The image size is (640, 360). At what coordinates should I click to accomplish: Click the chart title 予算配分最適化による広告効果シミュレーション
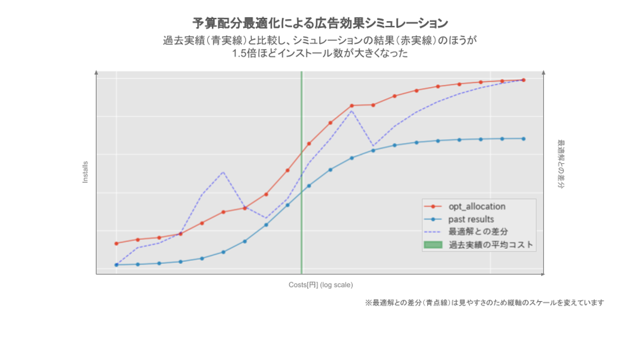(320, 23)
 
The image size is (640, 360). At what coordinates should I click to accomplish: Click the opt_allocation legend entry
(476, 207)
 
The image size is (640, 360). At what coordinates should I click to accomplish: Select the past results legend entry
(471, 219)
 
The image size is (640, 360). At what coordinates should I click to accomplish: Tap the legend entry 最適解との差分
(478, 232)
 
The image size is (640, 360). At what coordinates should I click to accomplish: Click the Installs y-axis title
(85, 172)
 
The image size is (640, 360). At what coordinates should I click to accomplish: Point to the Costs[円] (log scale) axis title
(320, 285)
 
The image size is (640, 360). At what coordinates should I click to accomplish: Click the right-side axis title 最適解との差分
(560, 164)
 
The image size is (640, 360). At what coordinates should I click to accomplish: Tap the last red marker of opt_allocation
(524, 80)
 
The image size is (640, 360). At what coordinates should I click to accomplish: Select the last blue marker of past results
(524, 139)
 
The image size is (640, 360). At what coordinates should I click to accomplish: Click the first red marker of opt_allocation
(116, 244)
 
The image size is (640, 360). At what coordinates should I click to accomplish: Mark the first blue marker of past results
(116, 265)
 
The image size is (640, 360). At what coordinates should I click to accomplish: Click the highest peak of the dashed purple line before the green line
(223, 172)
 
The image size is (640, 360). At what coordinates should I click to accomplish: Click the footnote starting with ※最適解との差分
(484, 303)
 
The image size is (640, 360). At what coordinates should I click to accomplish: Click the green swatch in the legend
(433, 244)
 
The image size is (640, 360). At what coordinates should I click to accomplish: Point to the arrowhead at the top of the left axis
(96, 72)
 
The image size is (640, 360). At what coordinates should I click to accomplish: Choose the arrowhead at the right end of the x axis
(543, 274)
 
